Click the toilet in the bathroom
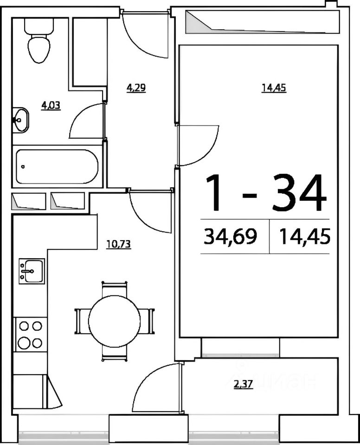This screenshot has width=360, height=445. pos(39,40)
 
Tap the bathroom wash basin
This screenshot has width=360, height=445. pos(20,120)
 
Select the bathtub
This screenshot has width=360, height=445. pos(57,166)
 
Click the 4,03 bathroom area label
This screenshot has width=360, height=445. pos(51,106)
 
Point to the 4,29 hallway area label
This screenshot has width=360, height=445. pos(136,88)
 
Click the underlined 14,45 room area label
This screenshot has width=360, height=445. pos(274,88)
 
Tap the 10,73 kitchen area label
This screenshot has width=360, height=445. pos(118,244)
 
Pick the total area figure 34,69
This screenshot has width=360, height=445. pos(231,236)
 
